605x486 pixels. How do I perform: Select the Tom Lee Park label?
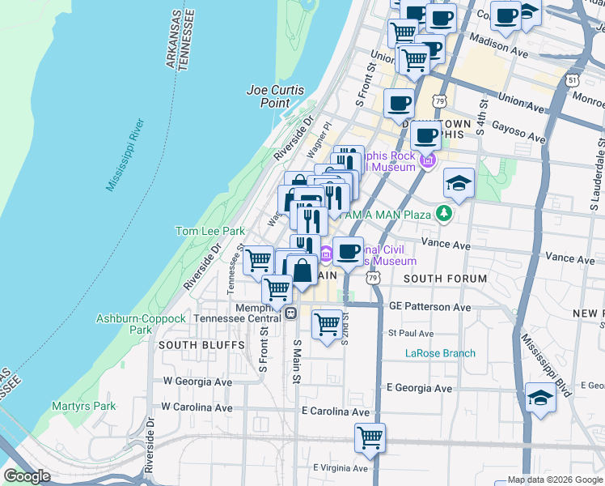pos(210,231)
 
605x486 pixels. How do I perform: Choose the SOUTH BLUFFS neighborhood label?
pos(190,345)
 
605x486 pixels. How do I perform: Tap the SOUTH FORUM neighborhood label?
pos(445,279)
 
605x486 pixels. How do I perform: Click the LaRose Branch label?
pos(440,353)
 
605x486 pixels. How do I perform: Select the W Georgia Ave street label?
pos(197,381)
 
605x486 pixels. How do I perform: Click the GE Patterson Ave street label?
pos(429,308)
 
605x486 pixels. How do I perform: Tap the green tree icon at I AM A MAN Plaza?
pos(442,213)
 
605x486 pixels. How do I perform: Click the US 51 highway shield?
pos(573,80)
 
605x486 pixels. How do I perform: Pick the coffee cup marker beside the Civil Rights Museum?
pos(348,251)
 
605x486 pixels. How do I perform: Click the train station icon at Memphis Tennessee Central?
pos(289,313)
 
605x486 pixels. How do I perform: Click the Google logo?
pos(27,476)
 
